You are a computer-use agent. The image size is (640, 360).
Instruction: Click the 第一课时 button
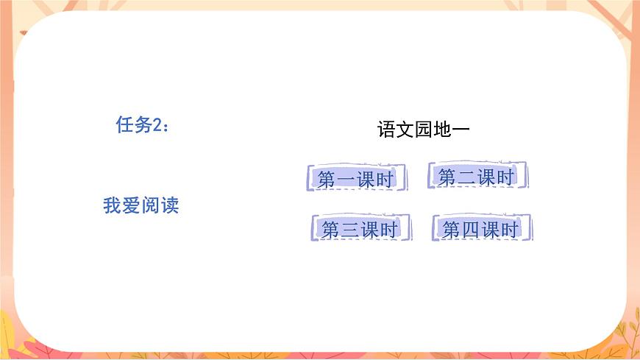point(356,179)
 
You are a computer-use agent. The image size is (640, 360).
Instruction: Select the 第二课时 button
point(477,177)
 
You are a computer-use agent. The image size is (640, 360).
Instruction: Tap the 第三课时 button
point(360,229)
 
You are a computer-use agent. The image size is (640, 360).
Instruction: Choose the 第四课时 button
point(481,229)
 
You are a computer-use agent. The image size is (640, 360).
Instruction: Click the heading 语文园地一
point(424,130)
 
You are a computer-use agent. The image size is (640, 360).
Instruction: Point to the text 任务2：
point(143,125)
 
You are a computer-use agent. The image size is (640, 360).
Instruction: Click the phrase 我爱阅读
point(141,206)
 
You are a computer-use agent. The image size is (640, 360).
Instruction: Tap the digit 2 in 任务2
point(157,126)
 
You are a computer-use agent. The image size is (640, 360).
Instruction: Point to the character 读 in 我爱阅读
point(170,206)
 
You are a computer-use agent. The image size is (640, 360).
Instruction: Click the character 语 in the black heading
point(386,130)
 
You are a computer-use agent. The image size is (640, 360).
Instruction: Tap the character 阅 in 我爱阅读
point(151,206)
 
